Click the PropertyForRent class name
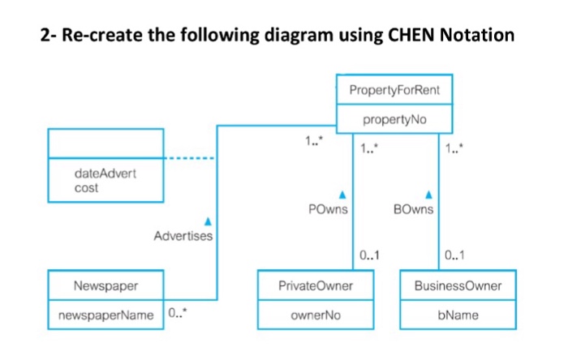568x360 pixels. (x=394, y=90)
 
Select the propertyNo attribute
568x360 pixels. (x=394, y=119)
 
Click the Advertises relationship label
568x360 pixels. (x=183, y=236)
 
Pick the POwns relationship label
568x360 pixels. (x=329, y=208)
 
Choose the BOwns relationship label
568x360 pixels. (x=415, y=208)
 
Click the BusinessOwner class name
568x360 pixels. (x=458, y=286)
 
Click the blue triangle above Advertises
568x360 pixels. (x=207, y=221)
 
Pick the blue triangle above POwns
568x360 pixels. (x=342, y=195)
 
